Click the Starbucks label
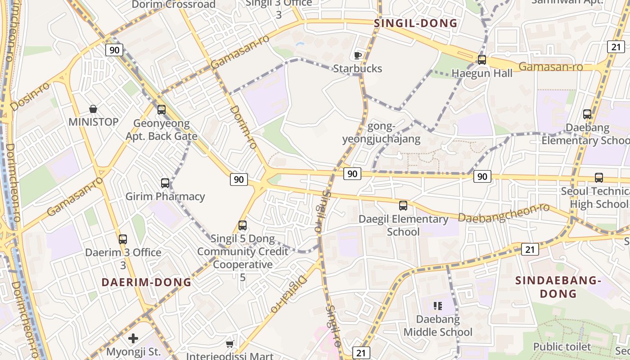click(358, 68)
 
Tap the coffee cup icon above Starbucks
click(358, 55)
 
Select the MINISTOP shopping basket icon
click(93, 109)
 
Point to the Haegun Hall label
click(482, 73)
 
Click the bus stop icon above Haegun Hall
click(482, 59)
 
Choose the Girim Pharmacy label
click(165, 196)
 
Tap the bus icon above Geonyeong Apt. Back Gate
click(162, 109)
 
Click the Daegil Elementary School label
click(403, 225)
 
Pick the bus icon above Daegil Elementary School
click(403, 206)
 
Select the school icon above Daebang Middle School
click(437, 306)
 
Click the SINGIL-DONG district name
click(416, 23)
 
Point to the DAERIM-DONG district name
click(146, 282)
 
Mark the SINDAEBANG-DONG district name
click(558, 287)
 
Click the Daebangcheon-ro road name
click(504, 213)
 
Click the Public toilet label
click(562, 346)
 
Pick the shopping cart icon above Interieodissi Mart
click(229, 344)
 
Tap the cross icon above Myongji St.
click(133, 338)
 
